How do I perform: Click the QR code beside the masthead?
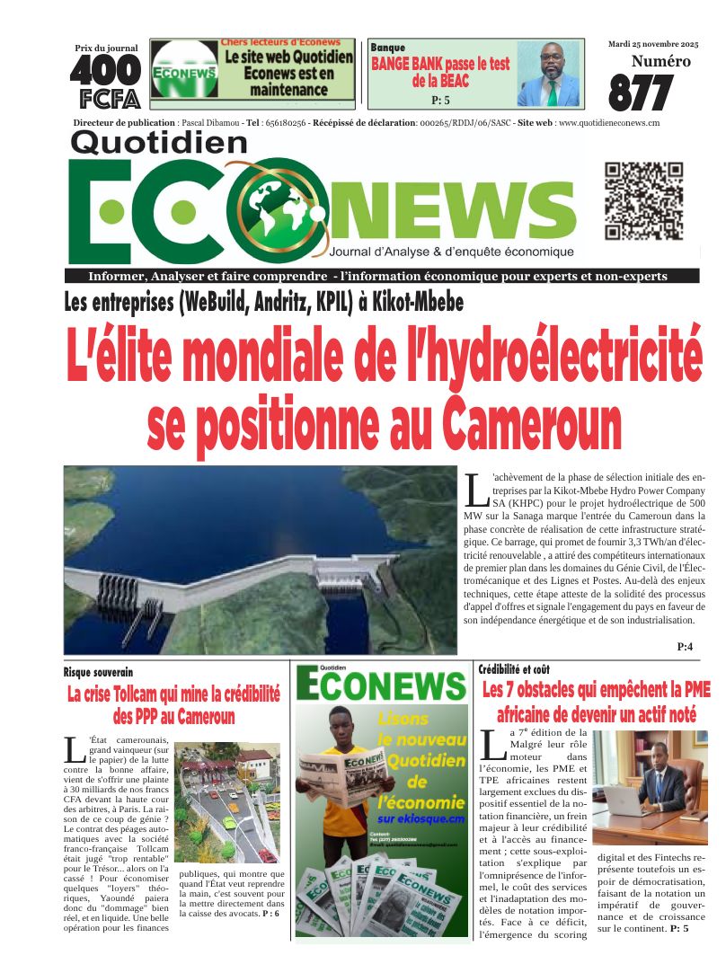pyautogui.click(x=643, y=201)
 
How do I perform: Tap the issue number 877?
pyautogui.click(x=641, y=93)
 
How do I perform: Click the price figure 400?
pyautogui.click(x=105, y=70)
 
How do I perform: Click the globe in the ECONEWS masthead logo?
pyautogui.click(x=278, y=208)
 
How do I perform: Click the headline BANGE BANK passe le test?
pyautogui.click(x=440, y=65)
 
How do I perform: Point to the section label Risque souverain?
pyautogui.click(x=98, y=672)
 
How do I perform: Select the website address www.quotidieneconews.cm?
pyautogui.click(x=609, y=122)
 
